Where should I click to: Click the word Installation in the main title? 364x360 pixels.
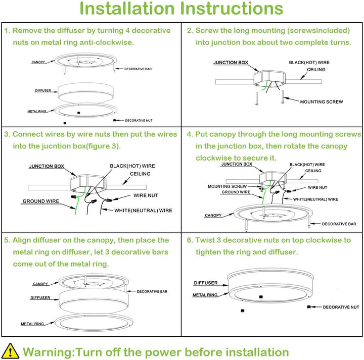click(127, 9)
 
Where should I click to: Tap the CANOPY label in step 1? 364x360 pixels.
click(38, 62)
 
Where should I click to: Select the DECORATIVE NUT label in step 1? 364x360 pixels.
click(139, 121)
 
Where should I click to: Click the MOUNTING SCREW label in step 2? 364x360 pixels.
click(321, 102)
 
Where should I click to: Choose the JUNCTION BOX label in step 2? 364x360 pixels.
click(231, 63)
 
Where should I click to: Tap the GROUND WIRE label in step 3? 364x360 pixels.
click(40, 201)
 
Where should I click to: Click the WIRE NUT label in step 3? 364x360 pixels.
click(146, 195)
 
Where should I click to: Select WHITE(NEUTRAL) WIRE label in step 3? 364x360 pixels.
click(143, 211)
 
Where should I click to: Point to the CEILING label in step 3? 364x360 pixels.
click(140, 174)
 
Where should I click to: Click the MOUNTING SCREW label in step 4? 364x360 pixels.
click(227, 186)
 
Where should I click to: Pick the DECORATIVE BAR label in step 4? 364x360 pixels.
click(339, 224)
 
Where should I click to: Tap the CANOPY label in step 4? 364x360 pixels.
click(213, 216)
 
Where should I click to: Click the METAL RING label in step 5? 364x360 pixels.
click(32, 324)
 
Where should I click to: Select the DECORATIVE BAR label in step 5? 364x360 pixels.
click(152, 291)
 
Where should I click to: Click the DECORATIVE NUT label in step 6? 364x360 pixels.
click(341, 307)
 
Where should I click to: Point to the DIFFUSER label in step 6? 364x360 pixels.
click(206, 283)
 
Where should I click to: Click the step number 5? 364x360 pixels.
click(6, 240)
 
